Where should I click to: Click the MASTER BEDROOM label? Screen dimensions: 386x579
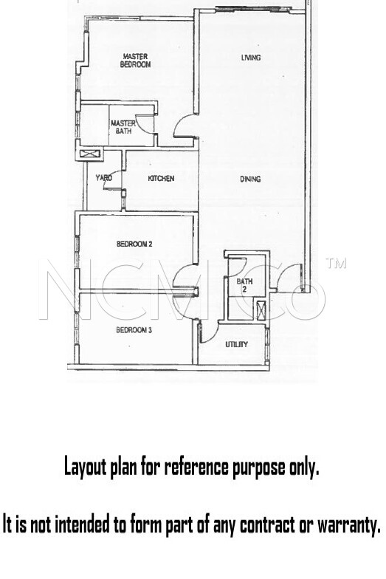click(136, 61)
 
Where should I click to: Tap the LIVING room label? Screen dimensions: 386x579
click(251, 58)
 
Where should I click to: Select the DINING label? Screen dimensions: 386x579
click(251, 179)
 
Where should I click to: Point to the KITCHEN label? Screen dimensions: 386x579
click(161, 179)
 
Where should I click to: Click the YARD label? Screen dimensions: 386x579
click(103, 178)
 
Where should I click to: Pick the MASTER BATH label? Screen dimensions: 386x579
click(123, 127)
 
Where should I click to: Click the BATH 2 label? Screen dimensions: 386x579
click(244, 285)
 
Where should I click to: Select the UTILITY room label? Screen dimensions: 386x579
click(236, 344)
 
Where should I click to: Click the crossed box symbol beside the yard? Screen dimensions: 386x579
click(88, 154)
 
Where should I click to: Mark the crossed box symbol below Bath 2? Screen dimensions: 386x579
click(261, 310)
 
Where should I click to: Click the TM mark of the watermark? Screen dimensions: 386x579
click(336, 263)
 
